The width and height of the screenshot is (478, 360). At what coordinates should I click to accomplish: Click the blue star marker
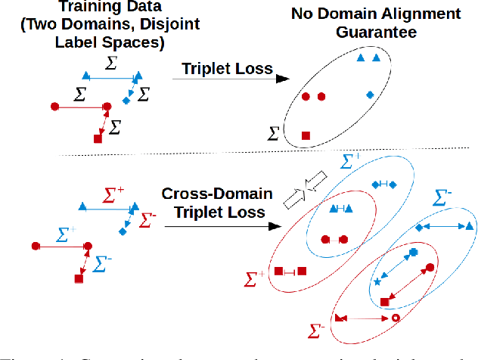pos(377,282)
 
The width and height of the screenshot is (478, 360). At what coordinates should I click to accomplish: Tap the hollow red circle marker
pos(394,318)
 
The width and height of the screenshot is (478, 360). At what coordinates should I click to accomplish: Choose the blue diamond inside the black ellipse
pos(370,94)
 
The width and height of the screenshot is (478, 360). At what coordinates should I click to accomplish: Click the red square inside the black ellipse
pos(306,135)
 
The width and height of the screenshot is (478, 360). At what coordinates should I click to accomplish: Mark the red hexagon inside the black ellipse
pos(322,97)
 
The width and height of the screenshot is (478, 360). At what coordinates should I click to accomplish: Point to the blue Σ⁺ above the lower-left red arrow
pos(67,233)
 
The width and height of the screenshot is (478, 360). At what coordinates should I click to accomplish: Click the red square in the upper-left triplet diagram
pos(97,138)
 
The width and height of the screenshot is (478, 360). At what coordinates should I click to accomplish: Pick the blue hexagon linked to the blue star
pos(413,252)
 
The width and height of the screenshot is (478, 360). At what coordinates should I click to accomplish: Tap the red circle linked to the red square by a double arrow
pos(430,267)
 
